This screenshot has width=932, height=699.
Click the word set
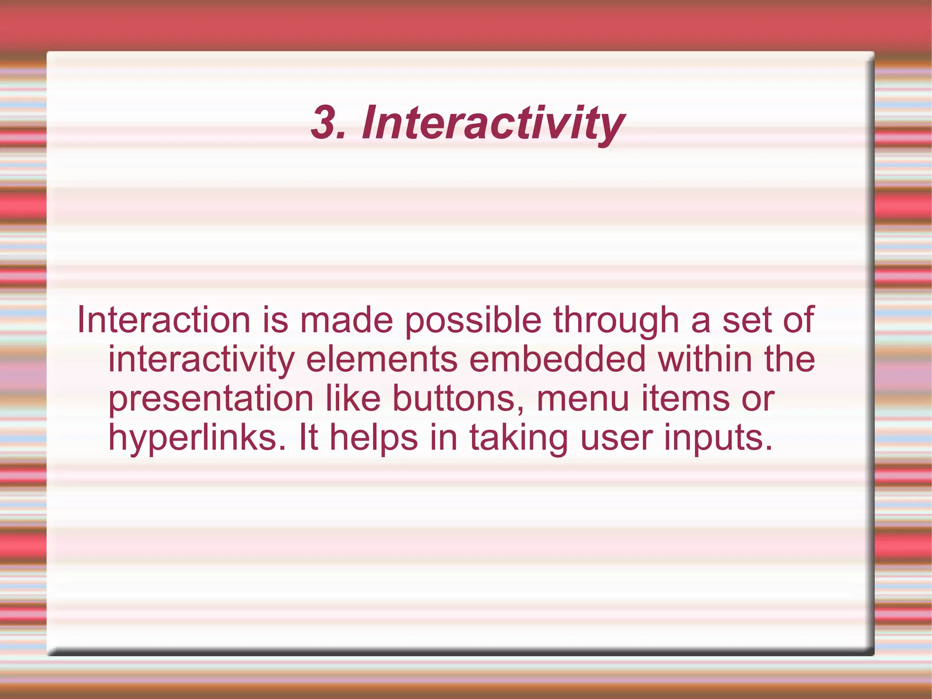pyautogui.click(x=747, y=320)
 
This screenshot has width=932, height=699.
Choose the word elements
pyautogui.click(x=381, y=359)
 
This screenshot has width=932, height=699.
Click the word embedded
pyautogui.click(x=557, y=359)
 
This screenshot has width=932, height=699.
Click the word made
pyautogui.click(x=346, y=320)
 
